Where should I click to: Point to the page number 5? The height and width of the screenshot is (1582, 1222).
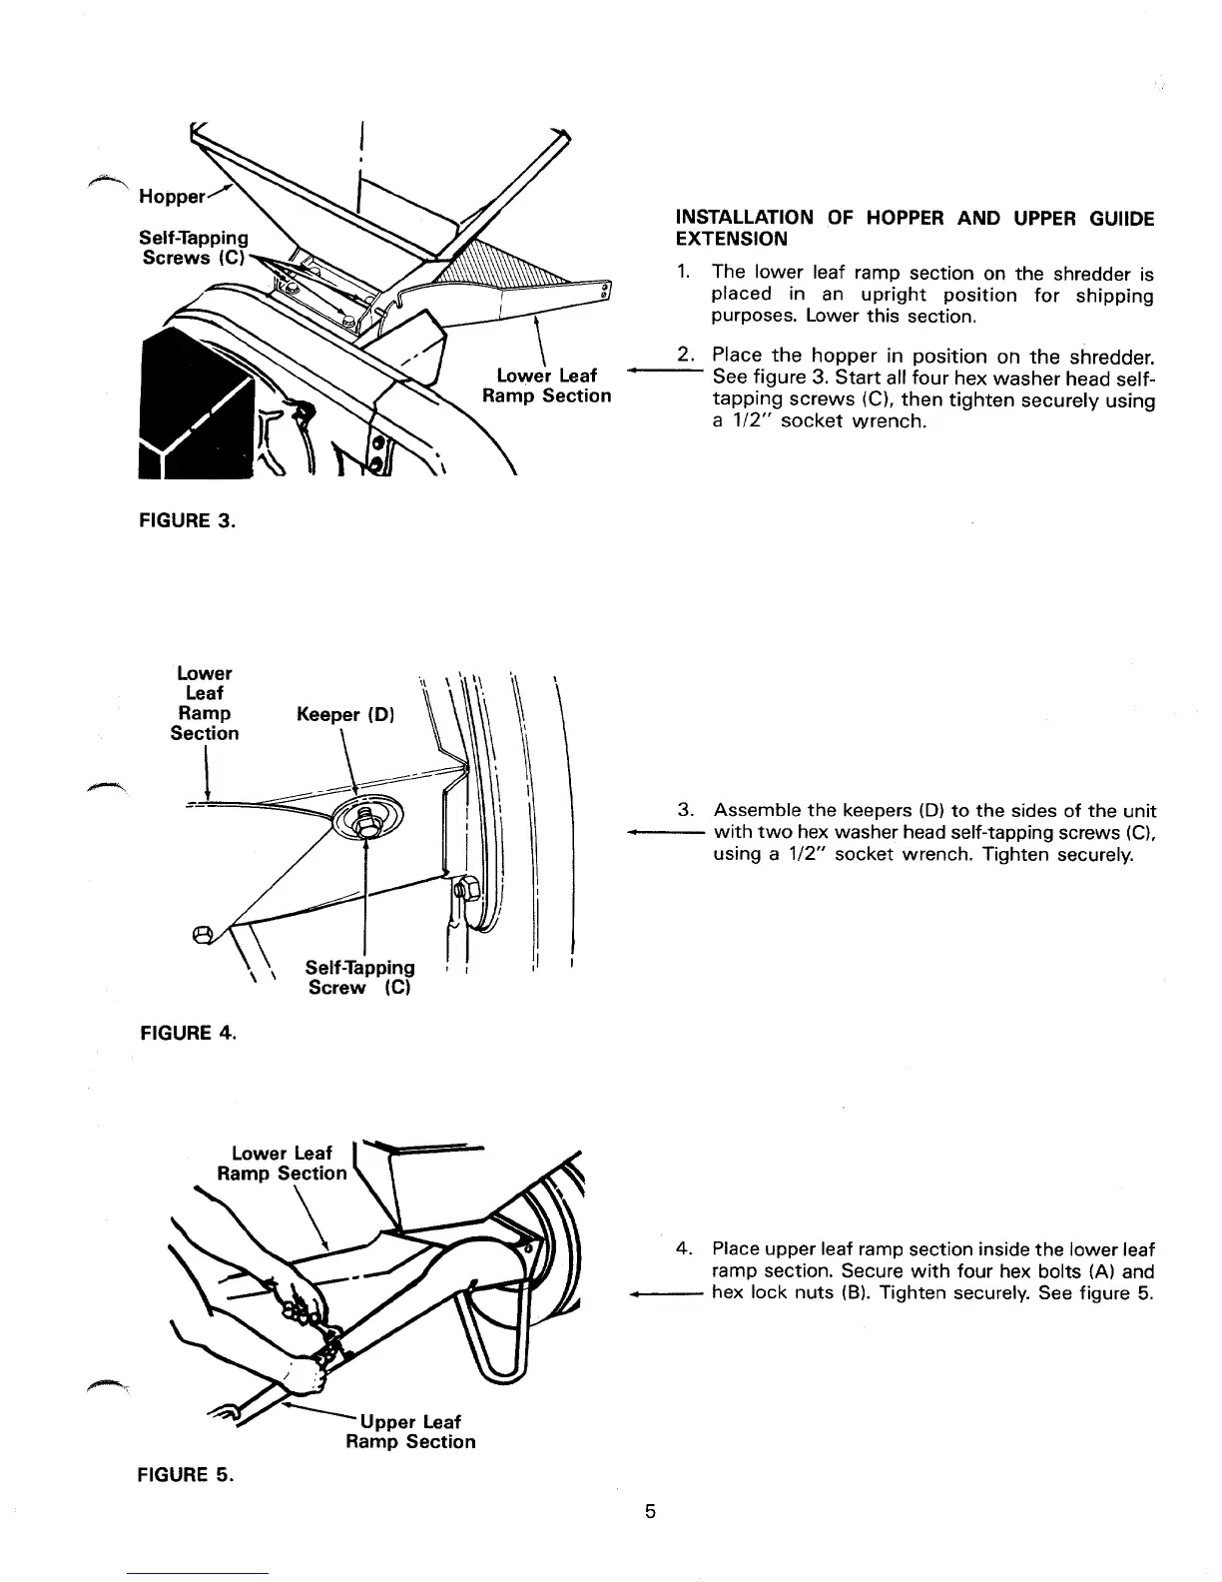point(649,1510)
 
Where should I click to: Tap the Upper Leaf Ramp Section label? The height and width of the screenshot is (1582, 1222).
point(410,1431)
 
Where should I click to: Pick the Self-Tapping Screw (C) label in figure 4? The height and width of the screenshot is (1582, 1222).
point(359,977)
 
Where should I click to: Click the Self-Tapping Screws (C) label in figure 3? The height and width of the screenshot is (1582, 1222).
point(194,247)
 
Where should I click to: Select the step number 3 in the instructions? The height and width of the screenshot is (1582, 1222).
point(685,809)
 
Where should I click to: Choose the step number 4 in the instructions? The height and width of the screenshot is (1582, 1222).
point(684,1249)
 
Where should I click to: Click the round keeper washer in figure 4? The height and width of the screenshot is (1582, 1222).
point(364,820)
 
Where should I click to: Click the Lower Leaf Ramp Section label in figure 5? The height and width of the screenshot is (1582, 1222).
point(283,1164)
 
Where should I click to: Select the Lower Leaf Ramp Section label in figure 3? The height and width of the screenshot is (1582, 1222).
point(546,386)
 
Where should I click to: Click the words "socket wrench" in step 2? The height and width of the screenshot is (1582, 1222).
point(854,421)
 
